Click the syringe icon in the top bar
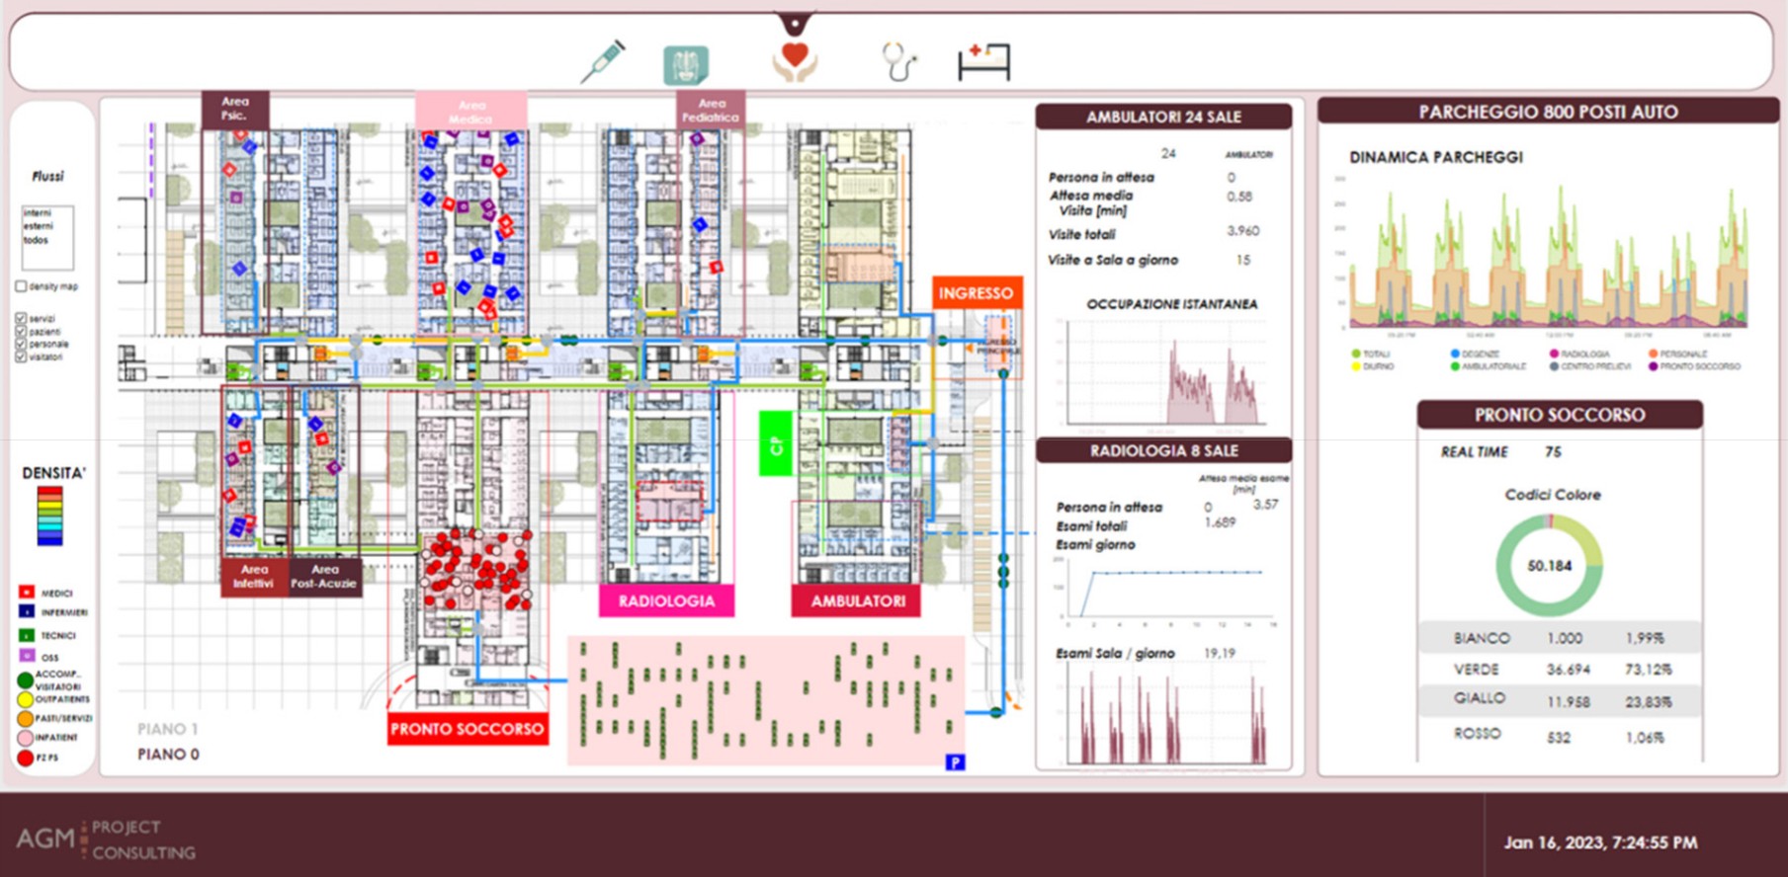click(602, 61)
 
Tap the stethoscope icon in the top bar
click(898, 61)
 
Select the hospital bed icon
click(983, 61)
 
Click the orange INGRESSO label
click(976, 293)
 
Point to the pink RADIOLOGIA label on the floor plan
click(666, 600)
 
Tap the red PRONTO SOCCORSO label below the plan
click(467, 729)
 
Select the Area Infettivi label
click(254, 576)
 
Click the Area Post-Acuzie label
click(324, 576)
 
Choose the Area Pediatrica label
click(711, 110)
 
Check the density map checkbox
click(21, 286)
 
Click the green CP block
click(776, 444)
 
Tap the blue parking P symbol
click(955, 761)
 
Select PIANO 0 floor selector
click(168, 755)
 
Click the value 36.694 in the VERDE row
click(1569, 670)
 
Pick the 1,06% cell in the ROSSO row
click(1645, 737)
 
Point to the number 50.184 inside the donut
click(1549, 566)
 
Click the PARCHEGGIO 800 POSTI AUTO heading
click(1548, 112)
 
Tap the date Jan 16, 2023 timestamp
click(1600, 842)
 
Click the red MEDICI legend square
click(27, 593)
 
